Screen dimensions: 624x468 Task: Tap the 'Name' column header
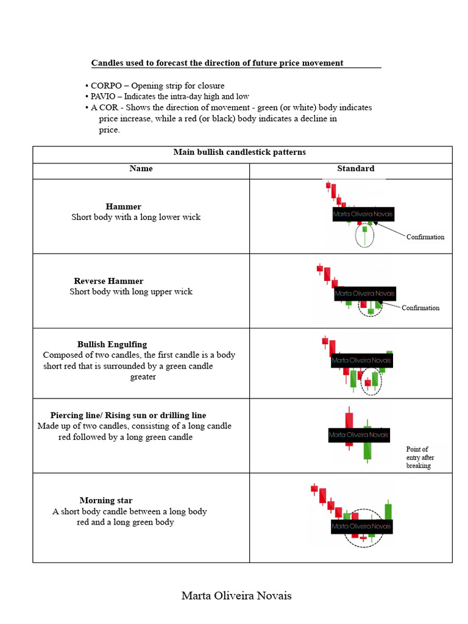(x=141, y=168)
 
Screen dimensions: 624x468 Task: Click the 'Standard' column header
(x=355, y=168)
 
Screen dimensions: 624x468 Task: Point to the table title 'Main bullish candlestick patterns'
(x=239, y=152)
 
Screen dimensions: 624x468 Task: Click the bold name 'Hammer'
(x=123, y=207)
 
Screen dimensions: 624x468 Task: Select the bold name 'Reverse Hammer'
(x=108, y=281)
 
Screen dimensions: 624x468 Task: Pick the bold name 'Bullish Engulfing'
(x=112, y=344)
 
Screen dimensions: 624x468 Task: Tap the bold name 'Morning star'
(x=106, y=500)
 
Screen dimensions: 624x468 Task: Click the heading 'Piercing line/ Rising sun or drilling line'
(x=128, y=416)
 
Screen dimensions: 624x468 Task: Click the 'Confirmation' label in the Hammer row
(x=425, y=237)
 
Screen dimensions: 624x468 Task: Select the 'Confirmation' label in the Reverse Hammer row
(x=420, y=308)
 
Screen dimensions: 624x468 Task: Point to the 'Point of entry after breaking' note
(x=420, y=457)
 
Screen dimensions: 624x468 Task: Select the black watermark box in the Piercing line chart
(x=358, y=435)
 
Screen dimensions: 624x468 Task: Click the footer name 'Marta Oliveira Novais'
(x=236, y=596)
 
